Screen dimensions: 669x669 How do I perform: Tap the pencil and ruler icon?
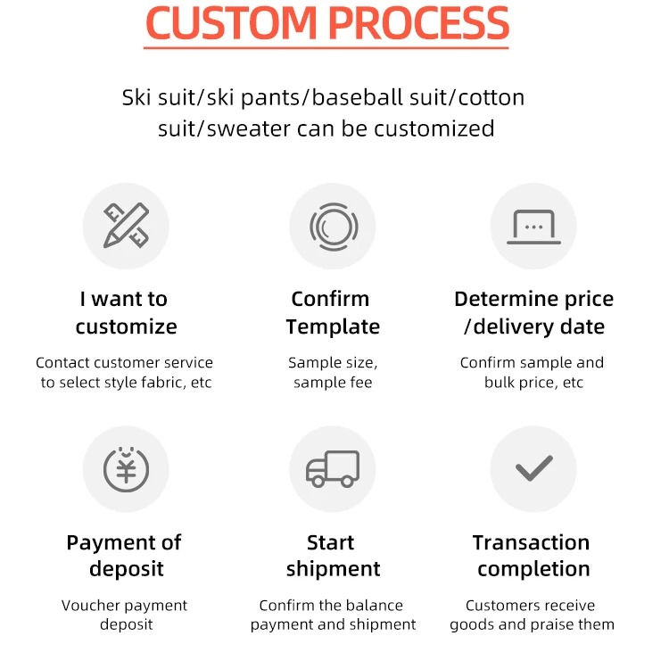coord(126,226)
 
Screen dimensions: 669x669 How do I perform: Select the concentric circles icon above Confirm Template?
coord(333,226)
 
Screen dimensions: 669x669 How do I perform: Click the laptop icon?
coord(533,226)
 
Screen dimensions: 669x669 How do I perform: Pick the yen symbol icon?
coord(126,469)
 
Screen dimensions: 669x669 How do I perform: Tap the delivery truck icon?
coord(333,469)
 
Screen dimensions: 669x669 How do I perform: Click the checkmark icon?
coord(533,468)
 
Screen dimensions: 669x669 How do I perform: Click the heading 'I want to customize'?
coord(126,312)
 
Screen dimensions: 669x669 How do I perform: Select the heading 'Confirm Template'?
coord(333,312)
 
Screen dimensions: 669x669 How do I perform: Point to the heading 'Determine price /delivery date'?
coord(533,312)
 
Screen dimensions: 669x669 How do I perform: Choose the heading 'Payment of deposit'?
coord(126,555)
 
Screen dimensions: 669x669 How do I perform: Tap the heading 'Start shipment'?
coord(333,555)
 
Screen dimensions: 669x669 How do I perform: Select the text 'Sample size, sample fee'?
coord(333,372)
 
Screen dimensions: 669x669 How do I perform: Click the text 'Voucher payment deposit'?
coord(126,615)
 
